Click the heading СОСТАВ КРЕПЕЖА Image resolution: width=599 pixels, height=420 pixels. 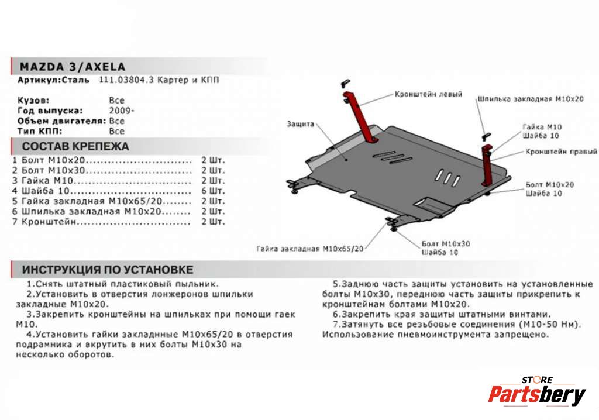click(x=75, y=146)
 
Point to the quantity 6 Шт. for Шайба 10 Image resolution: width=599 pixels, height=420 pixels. click(x=212, y=191)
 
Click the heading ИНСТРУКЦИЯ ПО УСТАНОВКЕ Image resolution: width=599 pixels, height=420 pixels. click(x=108, y=270)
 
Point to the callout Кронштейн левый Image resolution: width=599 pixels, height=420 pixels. click(x=428, y=94)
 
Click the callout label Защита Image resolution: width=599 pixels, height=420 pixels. click(x=301, y=124)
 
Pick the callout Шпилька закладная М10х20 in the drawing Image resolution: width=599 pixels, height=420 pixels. click(x=531, y=98)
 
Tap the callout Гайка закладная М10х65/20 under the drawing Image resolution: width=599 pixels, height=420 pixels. click(x=310, y=248)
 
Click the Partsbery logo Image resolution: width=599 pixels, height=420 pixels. click(x=536, y=394)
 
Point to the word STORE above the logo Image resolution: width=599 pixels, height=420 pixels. click(x=537, y=380)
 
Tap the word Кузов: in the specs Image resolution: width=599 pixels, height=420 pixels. click(x=33, y=100)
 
